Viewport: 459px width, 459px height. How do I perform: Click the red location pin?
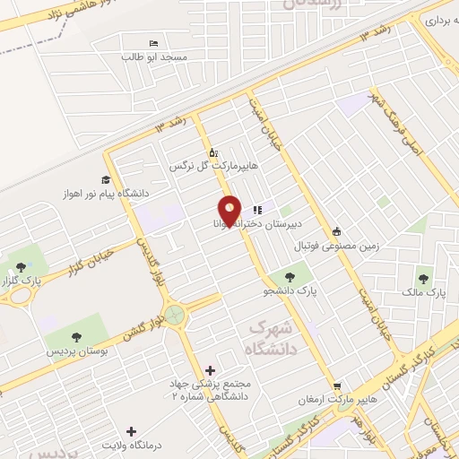[x=230, y=212]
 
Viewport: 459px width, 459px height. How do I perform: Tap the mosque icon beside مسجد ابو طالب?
[x=153, y=43]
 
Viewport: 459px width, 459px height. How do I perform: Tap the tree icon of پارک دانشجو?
[x=290, y=277]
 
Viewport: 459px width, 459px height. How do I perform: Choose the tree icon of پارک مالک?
[x=423, y=277]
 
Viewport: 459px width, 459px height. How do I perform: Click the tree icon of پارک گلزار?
[x=21, y=266]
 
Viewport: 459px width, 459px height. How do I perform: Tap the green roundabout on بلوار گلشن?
[x=175, y=315]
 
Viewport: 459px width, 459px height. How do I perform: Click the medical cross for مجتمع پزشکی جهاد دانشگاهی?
[x=211, y=369]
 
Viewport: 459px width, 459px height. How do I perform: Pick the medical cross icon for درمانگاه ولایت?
[x=132, y=432]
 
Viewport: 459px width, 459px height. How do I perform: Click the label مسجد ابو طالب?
[x=155, y=56]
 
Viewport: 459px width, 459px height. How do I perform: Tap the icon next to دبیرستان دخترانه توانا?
[x=257, y=209]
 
